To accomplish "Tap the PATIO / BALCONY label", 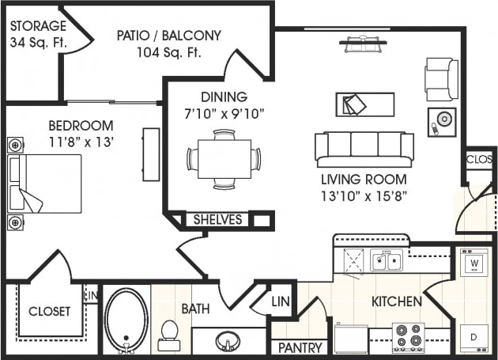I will (168, 36).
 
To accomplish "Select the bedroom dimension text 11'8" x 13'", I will (81, 143).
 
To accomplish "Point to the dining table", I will (224, 159).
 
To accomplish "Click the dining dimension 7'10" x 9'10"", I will (223, 113).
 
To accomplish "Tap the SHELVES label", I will (218, 220).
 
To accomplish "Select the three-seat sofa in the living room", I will (364, 147).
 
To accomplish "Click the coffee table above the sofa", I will (364, 104).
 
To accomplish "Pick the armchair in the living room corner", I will (440, 79).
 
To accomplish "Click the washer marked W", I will (473, 262).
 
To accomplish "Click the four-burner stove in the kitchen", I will (409, 338).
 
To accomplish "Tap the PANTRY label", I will (300, 348).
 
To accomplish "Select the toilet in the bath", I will (168, 335).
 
